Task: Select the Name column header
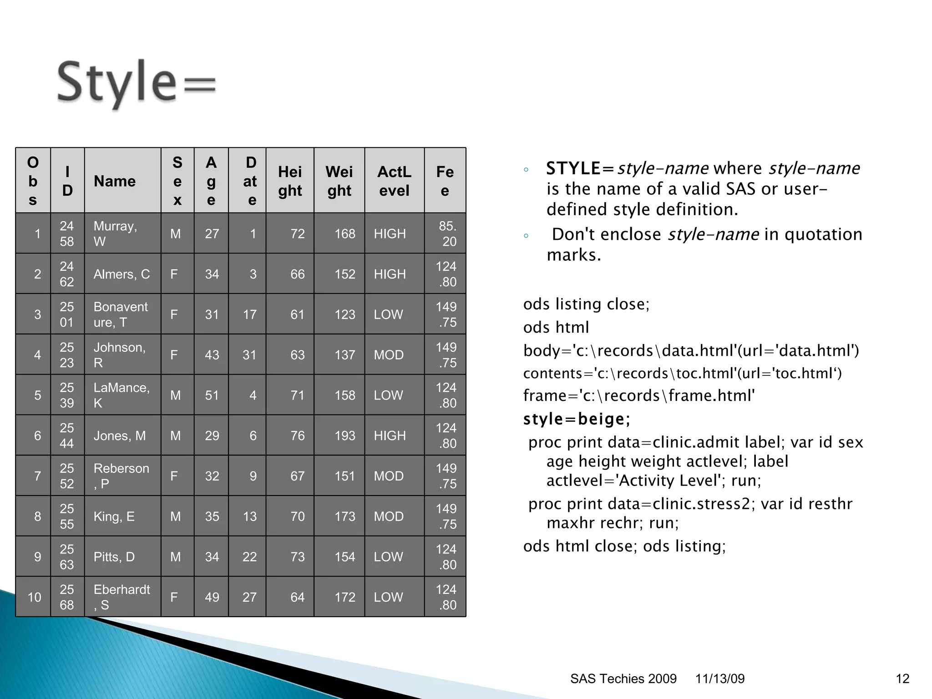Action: [115, 181]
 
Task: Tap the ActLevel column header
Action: [394, 181]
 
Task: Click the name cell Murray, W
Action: [115, 233]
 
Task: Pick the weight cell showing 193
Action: [344, 436]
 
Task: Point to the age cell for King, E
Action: [212, 517]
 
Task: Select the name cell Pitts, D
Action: [114, 557]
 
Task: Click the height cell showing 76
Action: [297, 436]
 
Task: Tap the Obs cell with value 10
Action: [35, 597]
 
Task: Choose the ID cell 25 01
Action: [67, 314]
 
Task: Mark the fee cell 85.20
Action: [447, 233]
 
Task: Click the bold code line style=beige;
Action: [577, 419]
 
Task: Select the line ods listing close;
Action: [586, 304]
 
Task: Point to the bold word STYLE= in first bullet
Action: [580, 168]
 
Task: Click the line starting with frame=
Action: [639, 395]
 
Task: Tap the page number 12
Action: [902, 679]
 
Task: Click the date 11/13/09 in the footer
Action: [719, 679]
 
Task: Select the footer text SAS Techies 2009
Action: [623, 679]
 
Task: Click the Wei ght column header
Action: [339, 181]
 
